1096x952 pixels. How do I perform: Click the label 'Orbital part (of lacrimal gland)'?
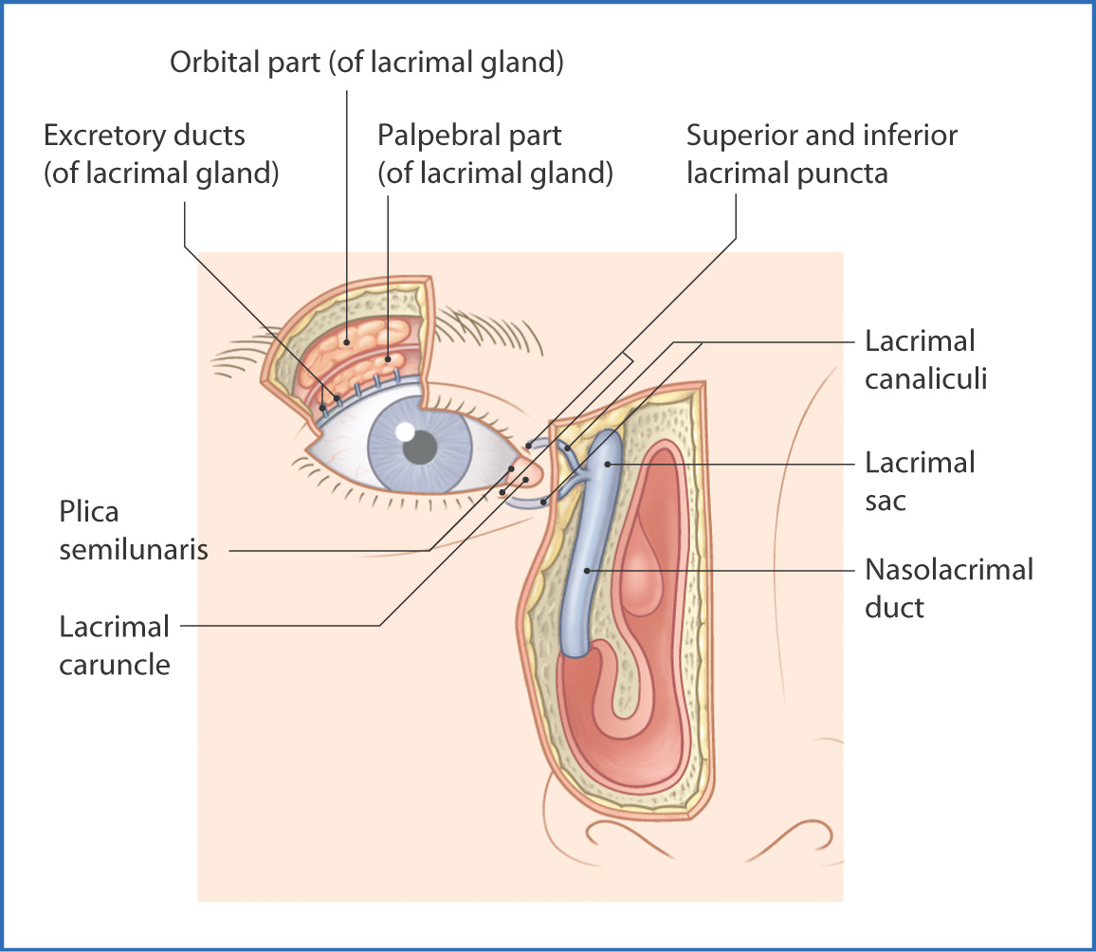point(367,64)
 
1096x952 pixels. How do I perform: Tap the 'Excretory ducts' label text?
point(144,136)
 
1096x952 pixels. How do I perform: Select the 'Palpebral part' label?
point(469,136)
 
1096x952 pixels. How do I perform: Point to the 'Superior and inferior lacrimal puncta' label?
point(822,136)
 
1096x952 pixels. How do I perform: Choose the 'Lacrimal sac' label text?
point(920,481)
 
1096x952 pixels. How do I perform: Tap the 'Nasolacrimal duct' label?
point(948,588)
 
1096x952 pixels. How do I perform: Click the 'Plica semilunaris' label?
point(133,530)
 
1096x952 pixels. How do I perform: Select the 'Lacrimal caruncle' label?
point(114,645)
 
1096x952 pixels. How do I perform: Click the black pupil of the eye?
point(420,446)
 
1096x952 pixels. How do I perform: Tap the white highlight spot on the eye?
point(405,431)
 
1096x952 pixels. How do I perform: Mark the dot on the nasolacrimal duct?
point(588,571)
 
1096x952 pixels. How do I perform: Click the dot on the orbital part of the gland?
point(348,341)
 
